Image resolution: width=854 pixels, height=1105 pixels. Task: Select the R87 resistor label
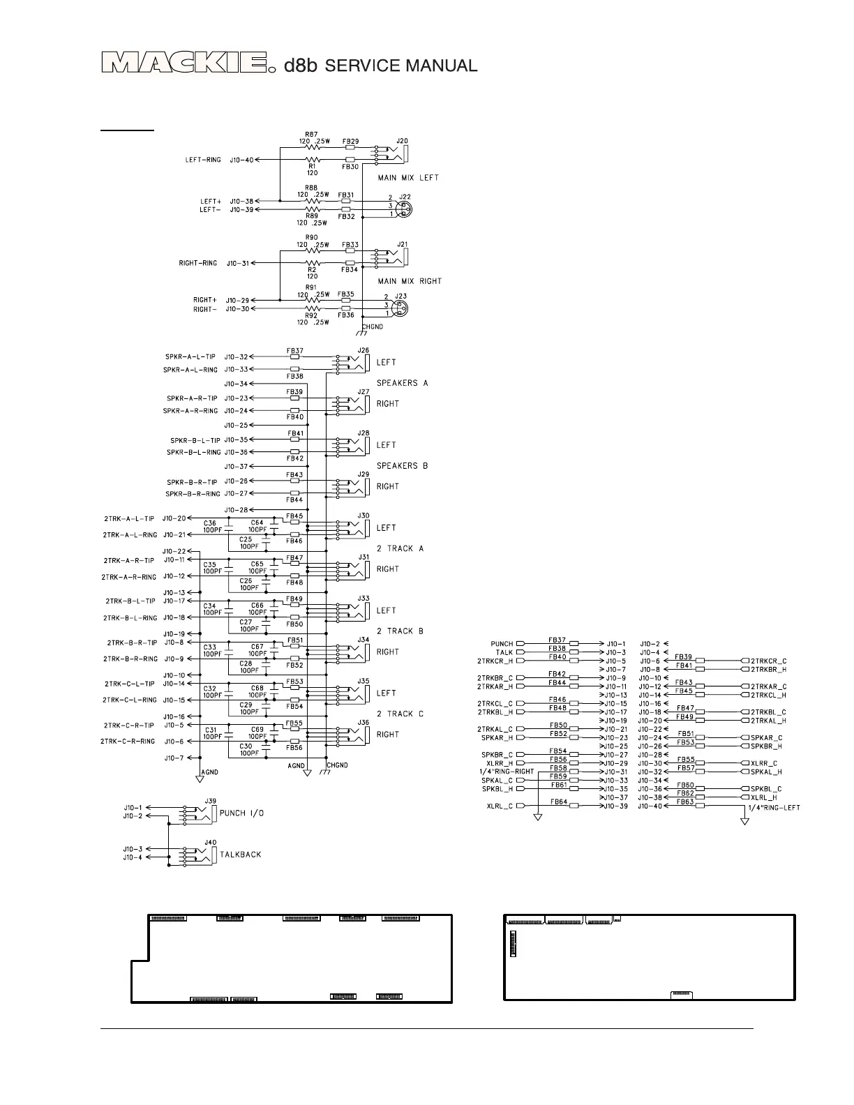click(x=312, y=134)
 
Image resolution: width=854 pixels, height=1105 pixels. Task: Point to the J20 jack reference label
click(x=402, y=140)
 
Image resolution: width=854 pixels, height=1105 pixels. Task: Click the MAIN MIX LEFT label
click(x=408, y=178)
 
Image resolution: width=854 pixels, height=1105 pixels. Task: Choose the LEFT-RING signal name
click(x=203, y=160)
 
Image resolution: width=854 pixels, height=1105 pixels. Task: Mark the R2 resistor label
click(x=312, y=269)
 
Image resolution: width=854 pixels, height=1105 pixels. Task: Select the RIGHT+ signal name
click(x=205, y=301)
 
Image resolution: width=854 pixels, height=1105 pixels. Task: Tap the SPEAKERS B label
click(x=402, y=466)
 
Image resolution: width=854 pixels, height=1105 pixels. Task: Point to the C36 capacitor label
click(x=209, y=523)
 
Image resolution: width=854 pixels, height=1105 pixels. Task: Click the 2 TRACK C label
click(x=400, y=714)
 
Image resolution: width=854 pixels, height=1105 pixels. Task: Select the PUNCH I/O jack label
click(x=241, y=813)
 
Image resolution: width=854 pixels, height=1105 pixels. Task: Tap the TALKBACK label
click(x=240, y=855)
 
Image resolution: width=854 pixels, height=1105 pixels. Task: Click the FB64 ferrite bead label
click(x=558, y=802)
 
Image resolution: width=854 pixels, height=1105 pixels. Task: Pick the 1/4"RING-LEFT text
click(x=773, y=808)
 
